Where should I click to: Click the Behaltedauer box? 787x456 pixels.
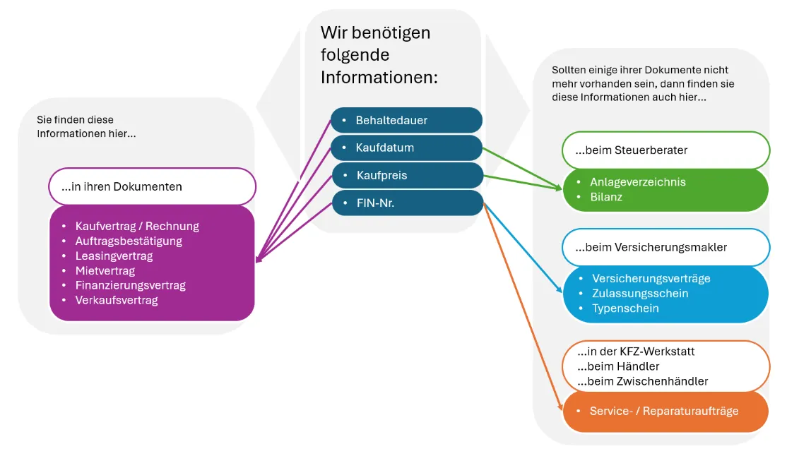[406, 120]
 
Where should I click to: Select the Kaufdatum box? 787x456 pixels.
[406, 148]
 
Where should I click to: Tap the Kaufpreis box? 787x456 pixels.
[406, 175]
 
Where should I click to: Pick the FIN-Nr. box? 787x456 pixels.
[406, 203]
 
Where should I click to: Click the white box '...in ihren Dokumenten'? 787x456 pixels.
[152, 186]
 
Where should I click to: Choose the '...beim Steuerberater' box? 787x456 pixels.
[665, 150]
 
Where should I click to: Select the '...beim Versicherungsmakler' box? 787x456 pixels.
[665, 247]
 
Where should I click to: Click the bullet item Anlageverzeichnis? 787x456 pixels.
[637, 182]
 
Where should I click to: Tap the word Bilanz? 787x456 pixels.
[607, 197]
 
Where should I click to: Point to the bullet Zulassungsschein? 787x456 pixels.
[639, 294]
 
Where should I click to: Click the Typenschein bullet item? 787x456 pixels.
[625, 308]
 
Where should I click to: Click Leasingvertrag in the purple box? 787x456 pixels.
[114, 256]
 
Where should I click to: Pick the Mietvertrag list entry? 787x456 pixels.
[105, 271]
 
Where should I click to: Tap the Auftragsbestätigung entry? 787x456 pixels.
[129, 241]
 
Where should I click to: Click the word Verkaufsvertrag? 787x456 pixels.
[117, 301]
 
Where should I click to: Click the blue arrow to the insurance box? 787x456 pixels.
[523, 247]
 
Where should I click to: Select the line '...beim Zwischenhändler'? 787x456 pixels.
[642, 381]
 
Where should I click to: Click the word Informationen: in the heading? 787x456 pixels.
[379, 77]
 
